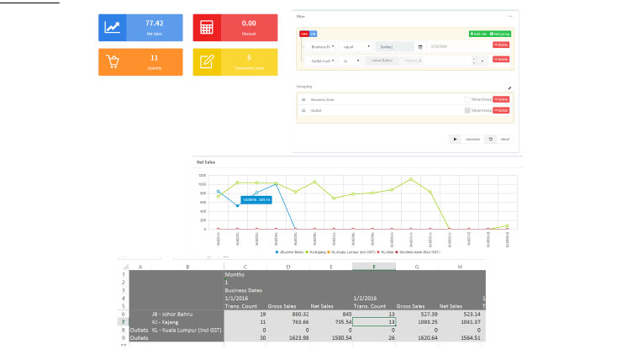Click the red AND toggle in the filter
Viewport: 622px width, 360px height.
coord(303,34)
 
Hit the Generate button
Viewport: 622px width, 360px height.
coord(472,139)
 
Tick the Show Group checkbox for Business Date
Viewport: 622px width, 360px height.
coord(466,98)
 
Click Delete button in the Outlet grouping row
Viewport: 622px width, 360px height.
coord(501,110)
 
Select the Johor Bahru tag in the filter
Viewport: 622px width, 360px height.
coord(382,61)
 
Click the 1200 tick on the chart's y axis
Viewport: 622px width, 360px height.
coord(203,175)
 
